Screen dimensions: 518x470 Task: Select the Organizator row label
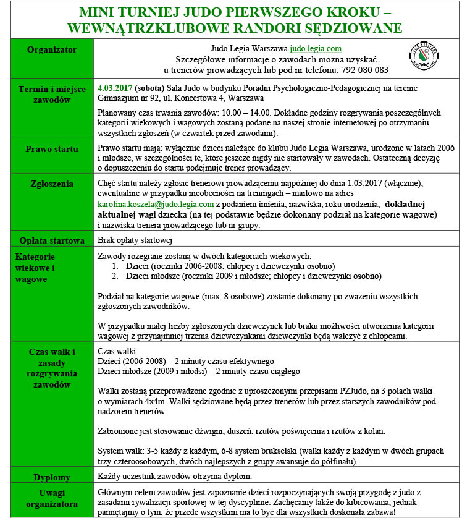[52, 49]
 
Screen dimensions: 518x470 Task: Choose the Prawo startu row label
[52, 149]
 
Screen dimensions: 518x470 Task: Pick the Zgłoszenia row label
[52, 184]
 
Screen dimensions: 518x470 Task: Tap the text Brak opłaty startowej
[135, 240]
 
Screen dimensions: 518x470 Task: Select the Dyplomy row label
[52, 477]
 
